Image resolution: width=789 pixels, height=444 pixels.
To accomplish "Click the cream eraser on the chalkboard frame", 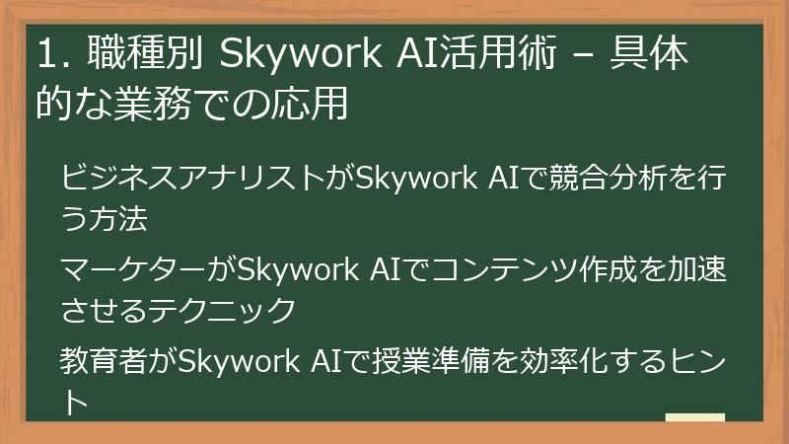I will pyautogui.click(x=695, y=417).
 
